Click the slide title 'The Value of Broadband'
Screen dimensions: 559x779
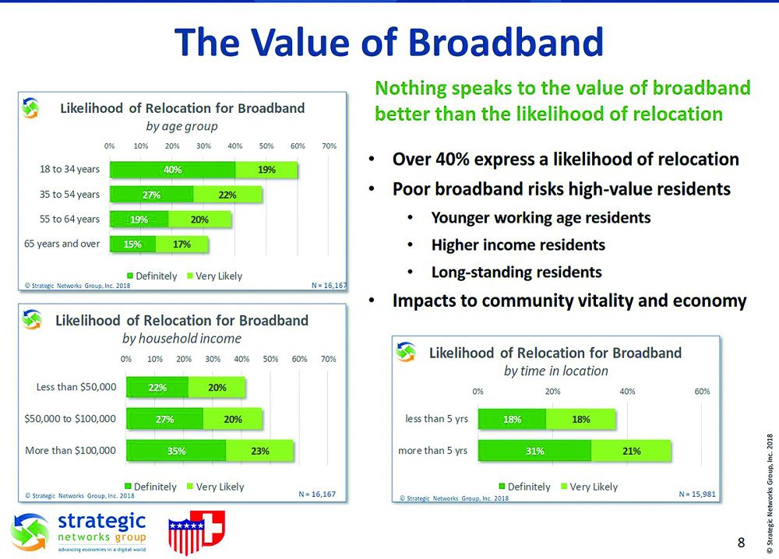389,43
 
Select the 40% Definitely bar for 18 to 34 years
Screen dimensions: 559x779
172,170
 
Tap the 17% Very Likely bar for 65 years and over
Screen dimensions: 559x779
182,244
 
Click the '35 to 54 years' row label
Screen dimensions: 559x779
70,194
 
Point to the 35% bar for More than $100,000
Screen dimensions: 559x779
176,451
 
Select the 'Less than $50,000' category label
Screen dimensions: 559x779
76,386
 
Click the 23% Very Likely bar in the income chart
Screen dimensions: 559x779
259,451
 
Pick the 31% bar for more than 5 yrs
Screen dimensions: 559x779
534,450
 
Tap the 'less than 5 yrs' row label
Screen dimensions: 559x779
436,419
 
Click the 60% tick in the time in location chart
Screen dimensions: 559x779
701,392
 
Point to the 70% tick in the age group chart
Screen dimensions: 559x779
329,146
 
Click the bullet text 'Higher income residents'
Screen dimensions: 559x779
518,244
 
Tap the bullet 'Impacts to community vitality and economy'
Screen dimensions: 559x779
569,301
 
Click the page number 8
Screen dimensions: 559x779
741,542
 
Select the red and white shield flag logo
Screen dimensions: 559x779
196,533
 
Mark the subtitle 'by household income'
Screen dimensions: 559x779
182,339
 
